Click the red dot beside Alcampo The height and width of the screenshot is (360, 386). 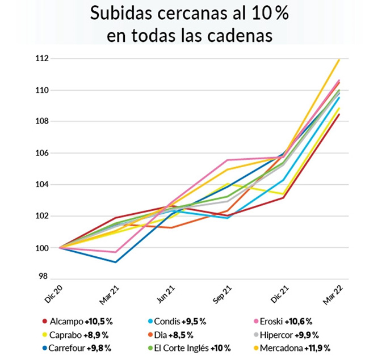pyautogui.click(x=44, y=321)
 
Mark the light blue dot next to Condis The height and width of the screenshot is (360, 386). pyautogui.click(x=153, y=321)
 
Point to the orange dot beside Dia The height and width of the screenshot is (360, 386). pyautogui.click(x=153, y=334)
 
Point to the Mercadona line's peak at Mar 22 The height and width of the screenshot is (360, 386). pyautogui.click(x=339, y=59)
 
